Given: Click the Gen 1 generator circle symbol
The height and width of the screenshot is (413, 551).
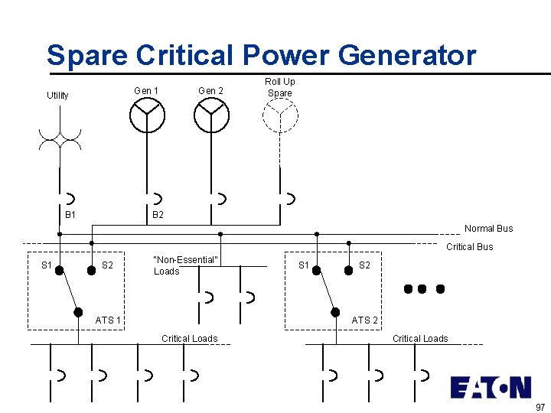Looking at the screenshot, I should click(x=146, y=116).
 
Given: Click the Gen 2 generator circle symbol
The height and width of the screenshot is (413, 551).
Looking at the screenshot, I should click(x=211, y=116).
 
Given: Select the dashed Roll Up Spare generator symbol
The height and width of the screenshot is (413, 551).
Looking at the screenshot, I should click(x=280, y=116).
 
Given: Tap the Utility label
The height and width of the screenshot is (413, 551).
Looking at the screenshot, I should click(x=57, y=96).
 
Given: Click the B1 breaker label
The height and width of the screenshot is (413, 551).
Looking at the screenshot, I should click(x=70, y=215).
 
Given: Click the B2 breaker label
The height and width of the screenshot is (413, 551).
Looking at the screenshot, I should click(x=158, y=215).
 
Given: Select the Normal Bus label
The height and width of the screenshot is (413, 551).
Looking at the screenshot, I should click(x=488, y=229).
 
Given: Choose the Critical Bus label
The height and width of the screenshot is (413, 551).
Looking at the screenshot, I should click(x=469, y=247).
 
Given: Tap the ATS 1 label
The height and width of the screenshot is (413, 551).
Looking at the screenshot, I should click(x=108, y=320).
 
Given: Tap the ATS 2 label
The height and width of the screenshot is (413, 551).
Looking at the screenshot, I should click(x=364, y=320).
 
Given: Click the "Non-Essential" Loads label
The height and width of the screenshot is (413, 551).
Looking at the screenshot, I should click(x=185, y=265).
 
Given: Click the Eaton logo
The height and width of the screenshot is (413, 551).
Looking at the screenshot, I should click(x=490, y=387).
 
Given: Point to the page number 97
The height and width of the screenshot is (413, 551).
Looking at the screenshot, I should click(x=540, y=407).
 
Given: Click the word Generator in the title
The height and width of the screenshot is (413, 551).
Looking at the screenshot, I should click(x=406, y=55).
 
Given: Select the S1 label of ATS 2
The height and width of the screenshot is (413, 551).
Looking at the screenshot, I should click(x=304, y=265).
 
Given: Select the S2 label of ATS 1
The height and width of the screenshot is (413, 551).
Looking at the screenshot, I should click(x=108, y=265).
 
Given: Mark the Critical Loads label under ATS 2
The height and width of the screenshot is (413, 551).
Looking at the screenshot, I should click(x=420, y=339).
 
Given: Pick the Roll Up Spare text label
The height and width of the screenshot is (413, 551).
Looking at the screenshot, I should click(x=280, y=87).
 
